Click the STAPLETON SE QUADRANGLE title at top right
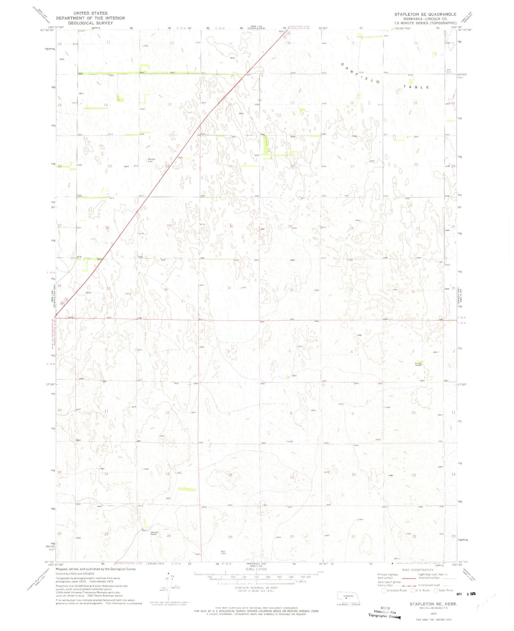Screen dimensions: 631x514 click(425, 14)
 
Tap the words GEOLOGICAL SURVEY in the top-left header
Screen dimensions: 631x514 click(90, 23)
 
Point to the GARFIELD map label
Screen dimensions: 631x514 click(360, 73)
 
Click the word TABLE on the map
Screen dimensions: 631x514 click(417, 87)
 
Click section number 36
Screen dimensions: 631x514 click(166, 289)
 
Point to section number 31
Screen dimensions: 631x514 click(229, 288)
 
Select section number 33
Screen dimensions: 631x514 click(351, 289)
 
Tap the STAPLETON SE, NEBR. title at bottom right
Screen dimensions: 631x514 click(433, 604)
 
